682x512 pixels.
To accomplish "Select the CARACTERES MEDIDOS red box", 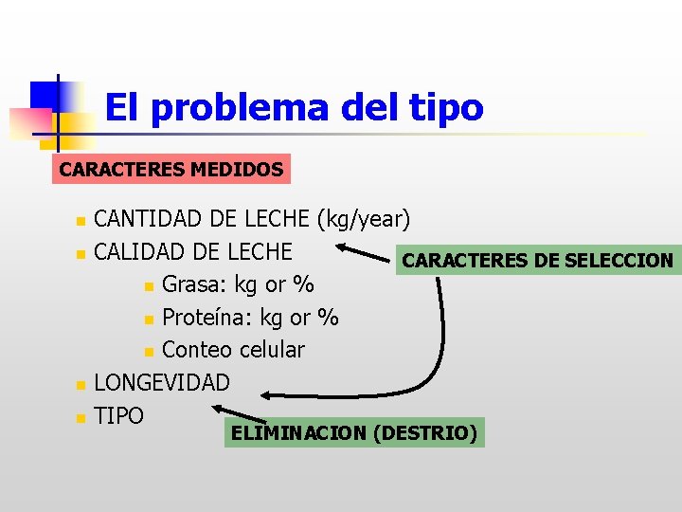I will (x=171, y=170).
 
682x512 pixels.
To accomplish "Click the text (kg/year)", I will (x=364, y=220).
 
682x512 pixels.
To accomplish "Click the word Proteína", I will (x=203, y=317).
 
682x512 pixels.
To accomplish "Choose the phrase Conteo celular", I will (x=233, y=349).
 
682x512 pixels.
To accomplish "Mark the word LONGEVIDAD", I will (x=162, y=383).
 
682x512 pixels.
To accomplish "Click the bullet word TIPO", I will (x=119, y=415).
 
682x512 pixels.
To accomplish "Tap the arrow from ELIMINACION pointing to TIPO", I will (x=242, y=415).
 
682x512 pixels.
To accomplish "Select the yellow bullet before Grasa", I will (x=149, y=286).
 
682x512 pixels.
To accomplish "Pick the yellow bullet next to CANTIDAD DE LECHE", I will (x=81, y=222).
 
